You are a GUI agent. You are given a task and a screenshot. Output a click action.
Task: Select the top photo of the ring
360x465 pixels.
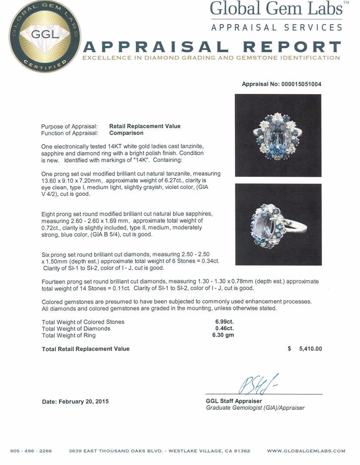[278, 135]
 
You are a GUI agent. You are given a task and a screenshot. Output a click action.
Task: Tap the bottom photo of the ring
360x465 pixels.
[278, 224]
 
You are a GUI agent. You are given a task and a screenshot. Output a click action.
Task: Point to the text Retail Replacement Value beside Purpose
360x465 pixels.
[145, 126]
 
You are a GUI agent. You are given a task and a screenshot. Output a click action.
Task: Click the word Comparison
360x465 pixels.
[126, 133]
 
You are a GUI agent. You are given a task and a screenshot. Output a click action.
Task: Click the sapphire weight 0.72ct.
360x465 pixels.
[51, 227]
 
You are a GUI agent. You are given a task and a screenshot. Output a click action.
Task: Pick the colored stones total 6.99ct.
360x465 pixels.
[225, 322]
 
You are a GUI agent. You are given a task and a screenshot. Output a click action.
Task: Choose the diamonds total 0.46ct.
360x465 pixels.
[225, 329]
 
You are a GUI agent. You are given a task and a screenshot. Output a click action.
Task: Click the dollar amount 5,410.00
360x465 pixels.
[310, 349]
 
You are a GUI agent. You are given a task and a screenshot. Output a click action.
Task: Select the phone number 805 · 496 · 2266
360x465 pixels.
[31, 451]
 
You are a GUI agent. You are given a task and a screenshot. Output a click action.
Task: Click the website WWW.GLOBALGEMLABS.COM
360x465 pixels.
[306, 451]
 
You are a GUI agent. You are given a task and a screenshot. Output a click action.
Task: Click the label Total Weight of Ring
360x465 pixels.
[69, 335]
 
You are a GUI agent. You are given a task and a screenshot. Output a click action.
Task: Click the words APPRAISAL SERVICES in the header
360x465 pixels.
[277, 27]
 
